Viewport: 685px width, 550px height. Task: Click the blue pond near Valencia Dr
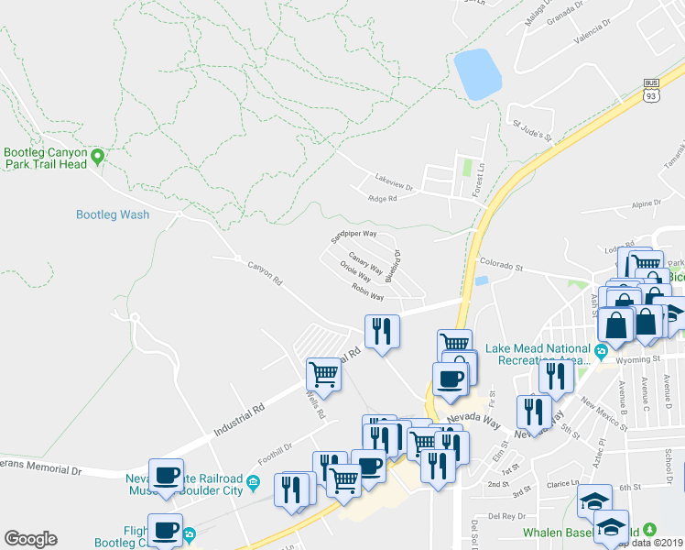(x=477, y=74)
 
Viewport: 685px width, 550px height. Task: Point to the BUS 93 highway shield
(x=651, y=91)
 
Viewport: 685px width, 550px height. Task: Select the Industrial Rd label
(x=239, y=419)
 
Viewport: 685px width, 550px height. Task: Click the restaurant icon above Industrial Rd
(x=382, y=331)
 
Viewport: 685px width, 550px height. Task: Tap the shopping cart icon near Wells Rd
(x=323, y=373)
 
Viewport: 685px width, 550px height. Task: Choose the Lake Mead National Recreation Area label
(x=537, y=354)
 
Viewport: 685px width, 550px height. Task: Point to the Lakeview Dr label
(x=394, y=177)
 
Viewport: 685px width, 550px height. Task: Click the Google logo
(x=30, y=539)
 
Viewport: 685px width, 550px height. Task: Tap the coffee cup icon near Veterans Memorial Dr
(x=166, y=476)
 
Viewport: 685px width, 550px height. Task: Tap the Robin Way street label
(x=366, y=291)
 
